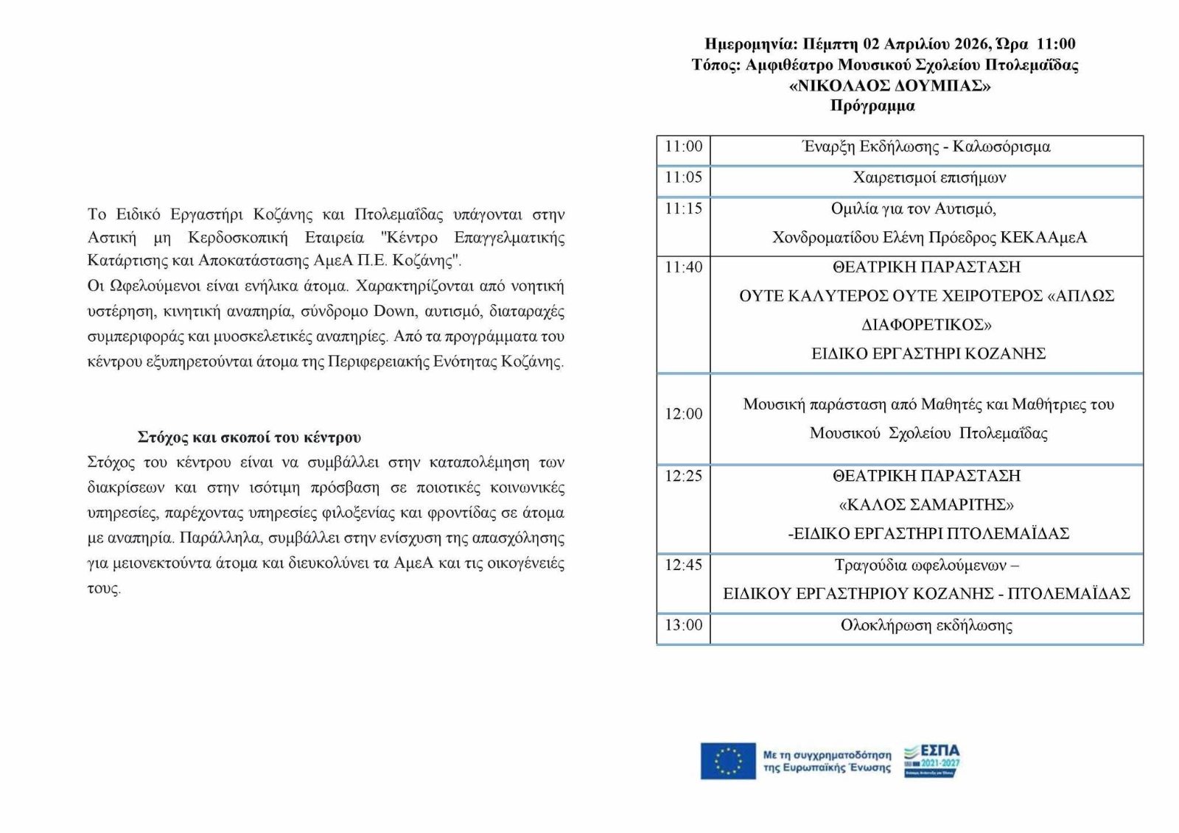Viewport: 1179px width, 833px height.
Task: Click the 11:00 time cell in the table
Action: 683,147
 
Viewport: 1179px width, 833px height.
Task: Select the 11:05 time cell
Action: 683,178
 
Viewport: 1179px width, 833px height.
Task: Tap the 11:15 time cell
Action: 683,208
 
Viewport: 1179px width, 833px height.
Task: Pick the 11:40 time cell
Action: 683,267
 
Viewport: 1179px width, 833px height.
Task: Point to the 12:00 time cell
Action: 683,414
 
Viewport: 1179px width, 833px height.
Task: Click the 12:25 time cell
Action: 683,476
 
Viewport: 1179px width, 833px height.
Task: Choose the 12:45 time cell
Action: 683,565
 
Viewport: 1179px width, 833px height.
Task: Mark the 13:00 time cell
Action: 683,625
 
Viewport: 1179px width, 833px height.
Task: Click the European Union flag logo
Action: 727,761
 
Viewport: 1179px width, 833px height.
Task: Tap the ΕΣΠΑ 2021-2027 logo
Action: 932,761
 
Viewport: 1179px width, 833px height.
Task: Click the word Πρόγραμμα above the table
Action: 872,105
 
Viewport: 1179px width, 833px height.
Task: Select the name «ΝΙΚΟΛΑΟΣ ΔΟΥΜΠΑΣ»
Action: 889,85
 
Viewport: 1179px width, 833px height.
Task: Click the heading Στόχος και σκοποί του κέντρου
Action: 249,437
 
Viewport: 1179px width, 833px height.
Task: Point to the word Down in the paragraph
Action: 394,311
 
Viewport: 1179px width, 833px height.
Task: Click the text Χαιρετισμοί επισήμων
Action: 928,178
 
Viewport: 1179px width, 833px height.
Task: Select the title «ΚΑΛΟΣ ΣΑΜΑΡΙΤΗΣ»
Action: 926,505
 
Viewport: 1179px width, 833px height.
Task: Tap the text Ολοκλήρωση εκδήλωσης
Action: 926,625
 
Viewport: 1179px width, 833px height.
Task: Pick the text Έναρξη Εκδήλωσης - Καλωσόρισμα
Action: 926,147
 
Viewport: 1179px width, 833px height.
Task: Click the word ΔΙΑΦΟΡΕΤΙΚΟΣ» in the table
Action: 926,325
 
